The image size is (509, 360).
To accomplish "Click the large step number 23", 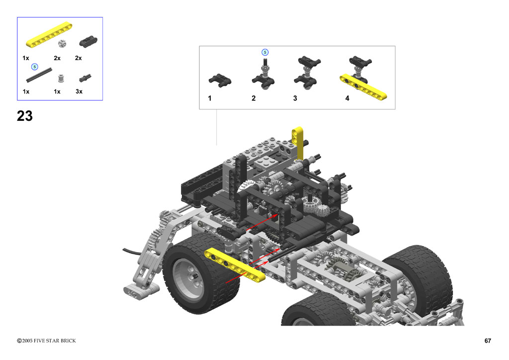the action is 25,116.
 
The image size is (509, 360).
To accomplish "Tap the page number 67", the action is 488,341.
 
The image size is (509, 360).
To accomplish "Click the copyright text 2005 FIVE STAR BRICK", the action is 49,341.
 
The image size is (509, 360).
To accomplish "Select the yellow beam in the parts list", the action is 49,34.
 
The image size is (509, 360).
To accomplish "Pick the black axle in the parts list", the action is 39,75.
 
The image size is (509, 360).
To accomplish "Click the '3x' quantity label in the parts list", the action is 79,91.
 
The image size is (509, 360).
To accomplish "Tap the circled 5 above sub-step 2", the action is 265,52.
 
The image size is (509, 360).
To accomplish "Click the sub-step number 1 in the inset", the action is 210,98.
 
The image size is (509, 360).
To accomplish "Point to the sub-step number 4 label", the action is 347,98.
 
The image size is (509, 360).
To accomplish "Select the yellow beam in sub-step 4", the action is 363,87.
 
